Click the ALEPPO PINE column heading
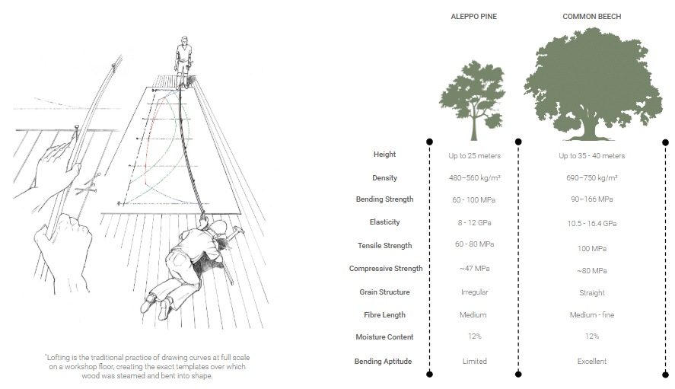coord(473,17)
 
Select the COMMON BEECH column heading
coord(591,17)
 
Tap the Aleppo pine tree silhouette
coord(473,100)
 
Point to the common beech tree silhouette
coord(593,84)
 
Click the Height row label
coord(384,155)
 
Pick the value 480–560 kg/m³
coord(474,178)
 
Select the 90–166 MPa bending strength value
coord(592,199)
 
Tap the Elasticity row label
coord(384,222)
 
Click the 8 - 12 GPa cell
coord(474,223)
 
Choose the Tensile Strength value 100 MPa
coord(592,249)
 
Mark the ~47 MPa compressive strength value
coord(474,269)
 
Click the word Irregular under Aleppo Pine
coord(474,292)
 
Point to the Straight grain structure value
coord(592,293)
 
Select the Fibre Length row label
coord(384,315)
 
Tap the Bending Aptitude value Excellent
coord(592,361)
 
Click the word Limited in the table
coord(474,361)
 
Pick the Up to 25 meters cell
coord(474,156)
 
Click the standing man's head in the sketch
coord(185,40)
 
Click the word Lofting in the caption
coord(58,358)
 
